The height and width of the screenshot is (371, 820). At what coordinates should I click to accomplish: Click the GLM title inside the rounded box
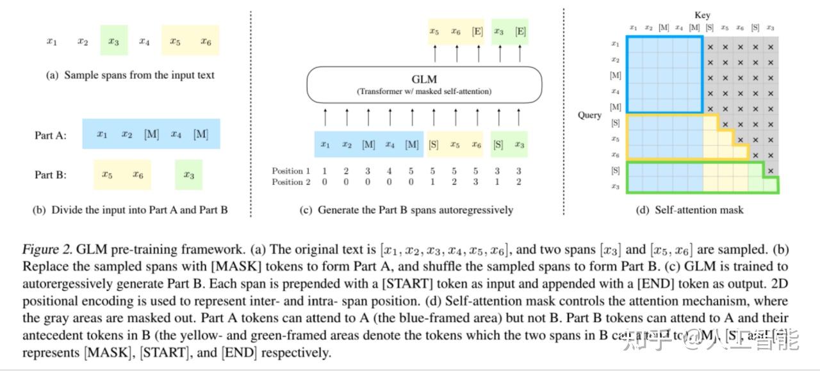pos(424,79)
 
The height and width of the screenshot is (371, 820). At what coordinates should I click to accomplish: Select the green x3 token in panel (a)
pos(113,42)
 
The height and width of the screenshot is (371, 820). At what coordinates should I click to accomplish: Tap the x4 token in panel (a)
pos(144,42)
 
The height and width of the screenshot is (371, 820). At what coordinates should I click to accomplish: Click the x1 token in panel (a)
pos(52,42)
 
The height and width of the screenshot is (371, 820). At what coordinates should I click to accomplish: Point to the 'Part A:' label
pos(51,136)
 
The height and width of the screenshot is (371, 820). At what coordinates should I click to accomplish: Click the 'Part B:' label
pos(51,175)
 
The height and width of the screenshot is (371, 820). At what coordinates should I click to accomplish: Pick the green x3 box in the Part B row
pos(188,175)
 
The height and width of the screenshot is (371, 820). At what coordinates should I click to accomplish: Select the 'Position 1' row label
pos(291,171)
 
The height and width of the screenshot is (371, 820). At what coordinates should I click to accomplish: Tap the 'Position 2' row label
pos(291,182)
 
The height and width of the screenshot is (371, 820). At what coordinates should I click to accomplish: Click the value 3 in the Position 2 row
pos(476,182)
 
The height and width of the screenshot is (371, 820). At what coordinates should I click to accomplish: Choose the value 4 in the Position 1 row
pos(389,171)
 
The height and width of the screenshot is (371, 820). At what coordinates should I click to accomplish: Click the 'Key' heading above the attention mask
pos(702,15)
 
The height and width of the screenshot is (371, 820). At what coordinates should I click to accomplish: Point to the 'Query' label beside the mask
pos(590,115)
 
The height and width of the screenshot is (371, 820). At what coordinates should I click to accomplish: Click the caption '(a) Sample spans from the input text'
pos(130,75)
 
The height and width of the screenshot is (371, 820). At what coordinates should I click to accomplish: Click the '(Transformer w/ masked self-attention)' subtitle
pos(424,91)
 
